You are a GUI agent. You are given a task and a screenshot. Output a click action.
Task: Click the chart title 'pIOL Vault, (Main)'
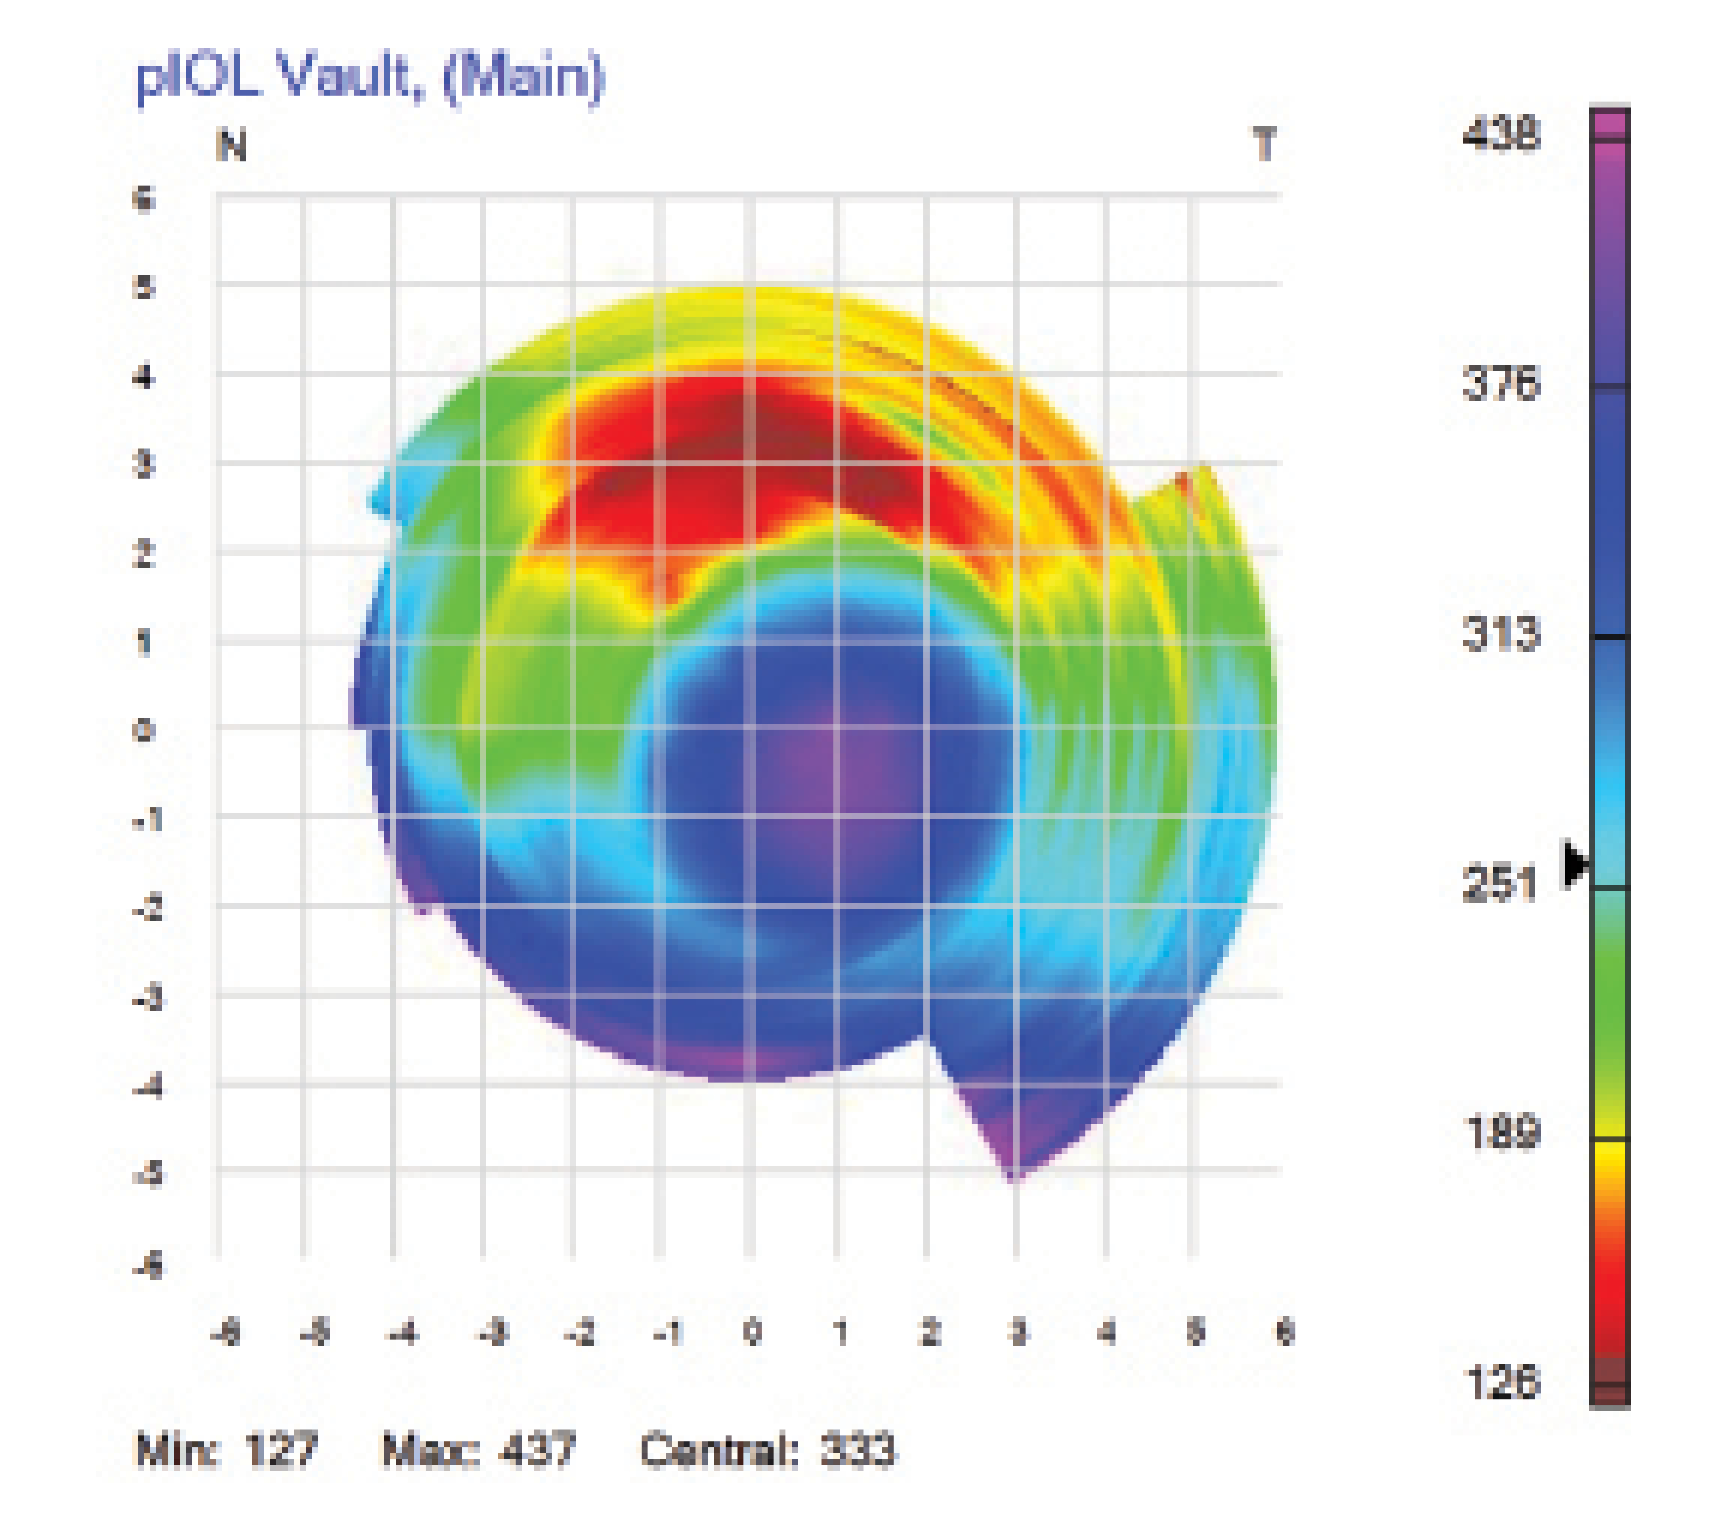(370, 78)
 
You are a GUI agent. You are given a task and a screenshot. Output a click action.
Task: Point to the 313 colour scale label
(1501, 634)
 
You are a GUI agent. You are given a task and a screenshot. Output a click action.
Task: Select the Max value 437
(537, 1450)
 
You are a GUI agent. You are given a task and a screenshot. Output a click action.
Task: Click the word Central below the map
(718, 1450)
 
